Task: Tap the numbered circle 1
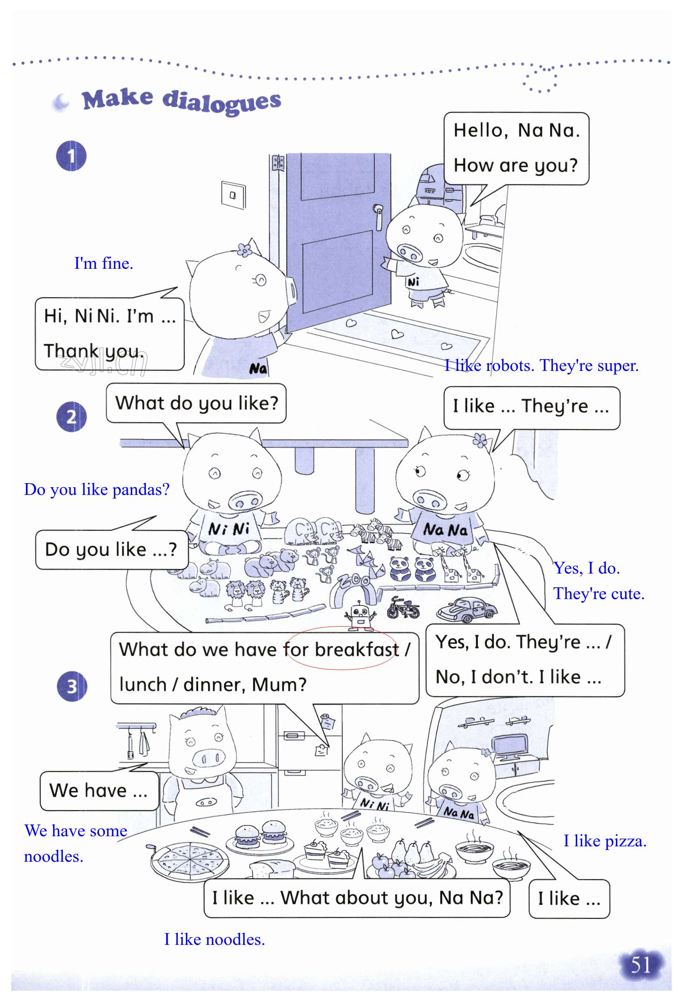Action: [x=71, y=156]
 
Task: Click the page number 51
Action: [x=640, y=965]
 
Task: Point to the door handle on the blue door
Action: [x=378, y=216]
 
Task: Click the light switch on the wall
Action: [x=233, y=195]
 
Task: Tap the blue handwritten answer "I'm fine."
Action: [x=103, y=263]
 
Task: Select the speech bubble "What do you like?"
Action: [x=196, y=403]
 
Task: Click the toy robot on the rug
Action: [x=360, y=614]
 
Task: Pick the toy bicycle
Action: [x=403, y=608]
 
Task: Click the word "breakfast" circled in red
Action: [x=356, y=649]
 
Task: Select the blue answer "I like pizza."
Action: [x=604, y=841]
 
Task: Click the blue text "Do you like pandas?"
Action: [x=97, y=489]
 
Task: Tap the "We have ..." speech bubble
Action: [x=99, y=791]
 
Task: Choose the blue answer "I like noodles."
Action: [x=214, y=939]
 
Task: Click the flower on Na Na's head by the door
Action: [x=244, y=250]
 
